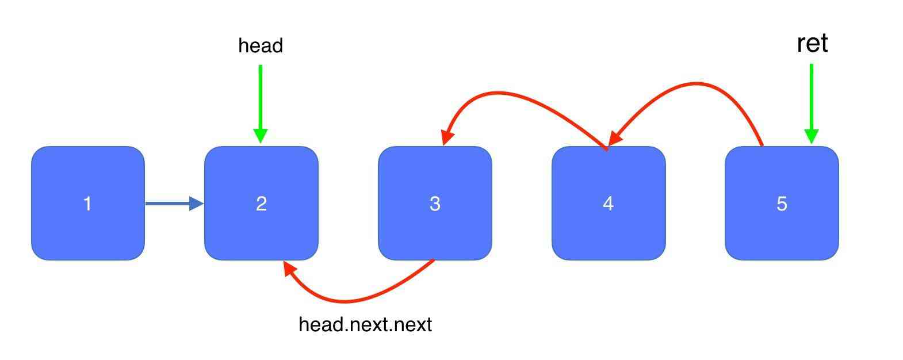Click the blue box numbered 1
click(88, 203)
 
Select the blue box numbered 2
click(261, 203)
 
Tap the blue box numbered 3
click(435, 203)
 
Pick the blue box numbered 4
click(609, 203)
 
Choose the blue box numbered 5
click(782, 203)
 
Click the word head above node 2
click(261, 45)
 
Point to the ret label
click(812, 43)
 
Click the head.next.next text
click(365, 324)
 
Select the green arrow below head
click(261, 104)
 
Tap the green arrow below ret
click(812, 104)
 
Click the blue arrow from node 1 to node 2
click(174, 204)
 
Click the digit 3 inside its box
click(435, 204)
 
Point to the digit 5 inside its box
click(782, 204)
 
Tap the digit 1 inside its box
click(87, 204)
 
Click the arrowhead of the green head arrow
click(261, 136)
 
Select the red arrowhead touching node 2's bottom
click(289, 267)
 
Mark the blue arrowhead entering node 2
click(196, 204)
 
